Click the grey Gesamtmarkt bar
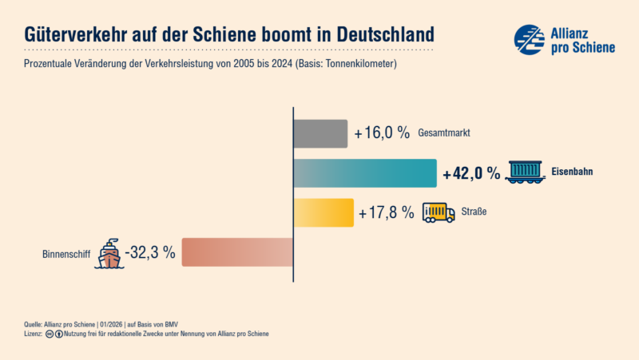pos(320,133)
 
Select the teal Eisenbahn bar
pos(365,173)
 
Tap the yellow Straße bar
pos(323,212)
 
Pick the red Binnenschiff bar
pos(237,252)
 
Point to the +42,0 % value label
pos(471,173)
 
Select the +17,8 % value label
pos(387,212)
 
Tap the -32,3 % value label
pos(150,252)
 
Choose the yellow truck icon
pos(439,212)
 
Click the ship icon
pos(109,252)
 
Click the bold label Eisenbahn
pos(572,172)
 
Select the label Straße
pos(473,213)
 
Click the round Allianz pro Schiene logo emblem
pos(530,39)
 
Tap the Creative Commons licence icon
pos(49,334)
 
